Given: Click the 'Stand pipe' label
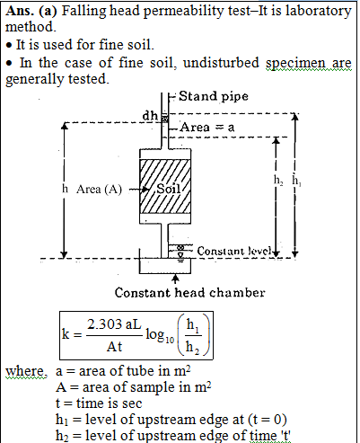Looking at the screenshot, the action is [214, 96].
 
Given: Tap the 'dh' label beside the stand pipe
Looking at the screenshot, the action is [150, 115].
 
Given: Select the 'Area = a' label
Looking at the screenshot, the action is [207, 128].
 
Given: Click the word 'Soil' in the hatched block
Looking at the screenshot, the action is [169, 189].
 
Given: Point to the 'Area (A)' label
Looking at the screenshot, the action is [99, 190].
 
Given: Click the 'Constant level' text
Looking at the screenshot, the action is [234, 251].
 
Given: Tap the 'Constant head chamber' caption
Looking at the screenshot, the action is [189, 293].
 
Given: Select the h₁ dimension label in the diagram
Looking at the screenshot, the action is [296, 181].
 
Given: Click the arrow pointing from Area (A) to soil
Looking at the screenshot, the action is [139, 190].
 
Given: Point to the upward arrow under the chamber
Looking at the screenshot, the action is [176, 279].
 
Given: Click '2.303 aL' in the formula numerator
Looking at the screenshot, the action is [114, 324].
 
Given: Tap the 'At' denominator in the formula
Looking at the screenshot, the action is [114, 347].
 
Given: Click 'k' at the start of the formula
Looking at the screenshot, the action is [66, 333].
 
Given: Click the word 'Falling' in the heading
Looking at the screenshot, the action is [83, 11].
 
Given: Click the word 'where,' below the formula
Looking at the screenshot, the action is [26, 371].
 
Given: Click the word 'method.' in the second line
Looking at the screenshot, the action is [31, 27].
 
